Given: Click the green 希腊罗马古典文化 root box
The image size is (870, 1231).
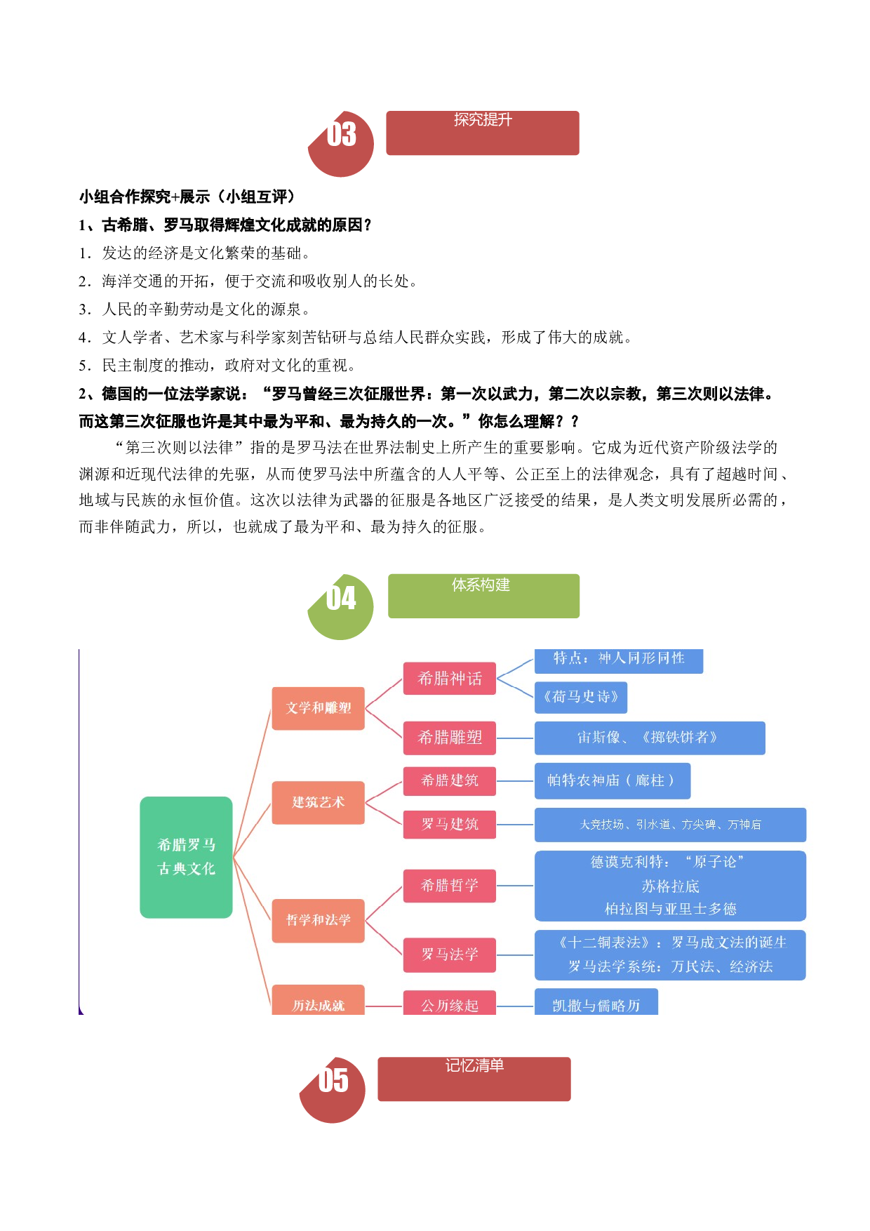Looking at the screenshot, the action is pos(186,857).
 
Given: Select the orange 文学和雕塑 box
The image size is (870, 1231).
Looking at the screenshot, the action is pos(318,708).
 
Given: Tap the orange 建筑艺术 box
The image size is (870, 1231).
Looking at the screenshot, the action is pos(318,802).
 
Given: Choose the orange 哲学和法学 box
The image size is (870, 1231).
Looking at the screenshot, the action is pos(318,920).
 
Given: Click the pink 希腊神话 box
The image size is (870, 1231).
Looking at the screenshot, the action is pos(450,679).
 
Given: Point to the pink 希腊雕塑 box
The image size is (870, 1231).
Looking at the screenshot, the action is pos(450,738).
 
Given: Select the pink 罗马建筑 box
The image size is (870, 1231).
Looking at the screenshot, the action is pos(450,825).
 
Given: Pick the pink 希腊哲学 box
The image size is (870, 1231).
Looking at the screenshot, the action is pos(450,886).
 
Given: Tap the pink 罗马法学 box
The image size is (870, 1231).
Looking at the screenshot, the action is pos(450,954).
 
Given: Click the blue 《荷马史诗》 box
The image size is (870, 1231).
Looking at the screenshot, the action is pos(581,697).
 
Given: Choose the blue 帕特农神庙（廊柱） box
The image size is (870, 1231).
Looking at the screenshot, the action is pos(613,780).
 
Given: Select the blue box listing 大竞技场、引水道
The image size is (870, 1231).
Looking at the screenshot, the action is pos(670,825).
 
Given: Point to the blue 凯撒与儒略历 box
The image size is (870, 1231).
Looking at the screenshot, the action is pos(596,1002).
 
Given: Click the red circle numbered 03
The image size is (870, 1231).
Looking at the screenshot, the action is pos(342,144).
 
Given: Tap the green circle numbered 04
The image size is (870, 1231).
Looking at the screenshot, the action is pos(341,607).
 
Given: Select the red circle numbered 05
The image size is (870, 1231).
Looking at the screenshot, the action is pos(333,1090).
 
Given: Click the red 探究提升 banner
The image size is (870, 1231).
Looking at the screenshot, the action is pos(483,133).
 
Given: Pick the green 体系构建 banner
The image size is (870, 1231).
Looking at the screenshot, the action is pos(483,596).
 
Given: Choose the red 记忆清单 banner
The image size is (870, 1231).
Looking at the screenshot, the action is pos(474,1079).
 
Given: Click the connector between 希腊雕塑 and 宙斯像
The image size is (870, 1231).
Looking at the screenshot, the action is pos(515,738).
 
